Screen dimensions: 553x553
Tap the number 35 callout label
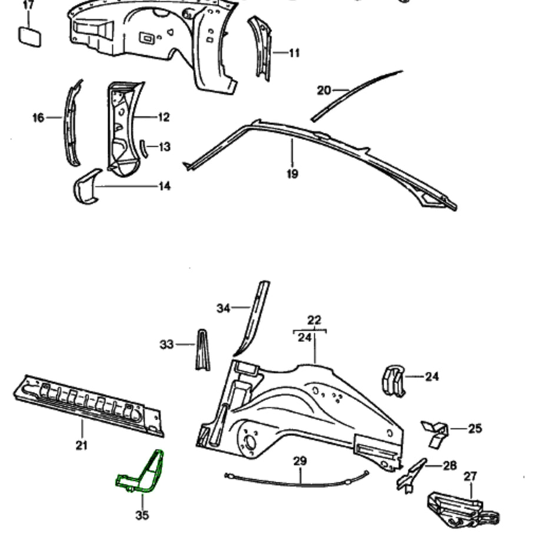pyautogui.click(x=142, y=515)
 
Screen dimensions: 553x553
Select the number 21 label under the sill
pyautogui.click(x=82, y=445)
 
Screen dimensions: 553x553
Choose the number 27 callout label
pyautogui.click(x=470, y=476)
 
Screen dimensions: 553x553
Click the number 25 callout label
pyautogui.click(x=475, y=428)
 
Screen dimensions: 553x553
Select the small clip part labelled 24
pyautogui.click(x=394, y=380)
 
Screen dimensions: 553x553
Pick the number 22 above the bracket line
pyautogui.click(x=314, y=320)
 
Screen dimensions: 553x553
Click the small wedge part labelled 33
pyautogui.click(x=202, y=351)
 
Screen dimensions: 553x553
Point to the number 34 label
pyautogui.click(x=223, y=308)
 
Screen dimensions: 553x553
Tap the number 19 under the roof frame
pyautogui.click(x=292, y=174)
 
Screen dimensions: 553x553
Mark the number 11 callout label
pyautogui.click(x=294, y=53)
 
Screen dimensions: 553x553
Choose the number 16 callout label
pyautogui.click(x=38, y=118)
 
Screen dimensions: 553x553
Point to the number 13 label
pyautogui.click(x=164, y=146)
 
